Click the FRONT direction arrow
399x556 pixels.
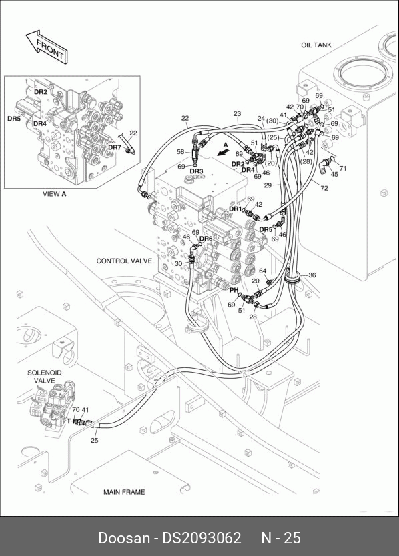click(47, 47)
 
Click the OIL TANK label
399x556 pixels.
click(316, 45)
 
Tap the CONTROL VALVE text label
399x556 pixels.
click(124, 261)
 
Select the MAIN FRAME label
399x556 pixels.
click(124, 492)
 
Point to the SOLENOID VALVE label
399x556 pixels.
click(45, 377)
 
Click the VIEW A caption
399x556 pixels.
click(54, 194)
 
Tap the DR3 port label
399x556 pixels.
click(196, 171)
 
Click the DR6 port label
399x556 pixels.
click(206, 239)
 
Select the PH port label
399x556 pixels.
click(234, 290)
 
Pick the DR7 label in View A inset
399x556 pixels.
click(115, 147)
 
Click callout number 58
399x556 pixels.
click(181, 152)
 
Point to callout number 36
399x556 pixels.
click(312, 275)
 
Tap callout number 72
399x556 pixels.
click(324, 188)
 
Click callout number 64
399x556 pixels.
click(262, 271)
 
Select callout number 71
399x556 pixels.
click(343, 169)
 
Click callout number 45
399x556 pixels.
click(334, 175)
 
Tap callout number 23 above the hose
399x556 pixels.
click(237, 114)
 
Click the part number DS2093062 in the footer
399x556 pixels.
click(202, 538)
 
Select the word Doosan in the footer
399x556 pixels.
click(124, 538)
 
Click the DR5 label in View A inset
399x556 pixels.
click(14, 119)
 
